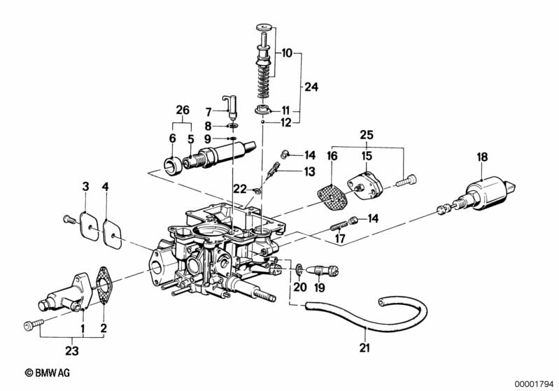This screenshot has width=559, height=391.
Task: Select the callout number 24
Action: click(311, 88)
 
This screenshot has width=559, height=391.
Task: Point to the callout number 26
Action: click(183, 110)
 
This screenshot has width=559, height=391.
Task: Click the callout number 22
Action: click(239, 188)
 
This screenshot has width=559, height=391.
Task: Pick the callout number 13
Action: click(310, 171)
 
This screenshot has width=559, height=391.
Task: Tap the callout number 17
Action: click(341, 238)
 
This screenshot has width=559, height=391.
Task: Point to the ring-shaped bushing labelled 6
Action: click(171, 166)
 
